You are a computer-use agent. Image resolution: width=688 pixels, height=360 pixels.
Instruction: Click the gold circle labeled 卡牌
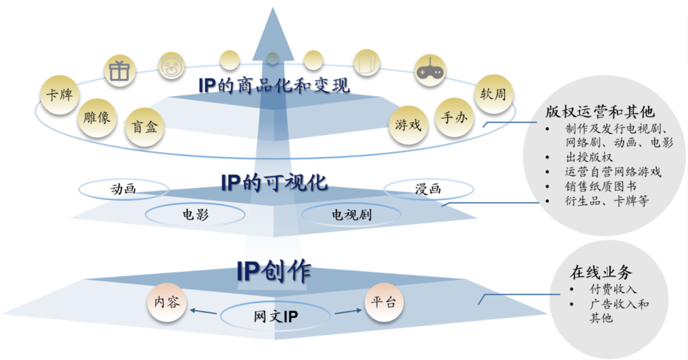59,96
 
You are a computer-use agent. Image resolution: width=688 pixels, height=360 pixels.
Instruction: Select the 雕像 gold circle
97,118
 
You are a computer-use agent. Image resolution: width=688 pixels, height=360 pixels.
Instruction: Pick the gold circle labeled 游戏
408,124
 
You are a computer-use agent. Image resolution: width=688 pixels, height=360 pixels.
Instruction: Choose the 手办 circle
453,118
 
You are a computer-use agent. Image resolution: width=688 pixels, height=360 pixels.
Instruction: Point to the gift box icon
119,70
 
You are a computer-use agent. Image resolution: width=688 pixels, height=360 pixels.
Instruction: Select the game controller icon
430,71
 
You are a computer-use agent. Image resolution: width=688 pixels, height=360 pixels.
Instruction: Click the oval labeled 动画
124,189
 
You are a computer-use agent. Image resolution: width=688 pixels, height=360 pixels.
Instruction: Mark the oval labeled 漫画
428,189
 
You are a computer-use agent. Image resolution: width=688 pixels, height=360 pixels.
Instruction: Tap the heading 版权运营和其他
599,112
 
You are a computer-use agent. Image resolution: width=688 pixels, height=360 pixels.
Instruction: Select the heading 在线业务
601,273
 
